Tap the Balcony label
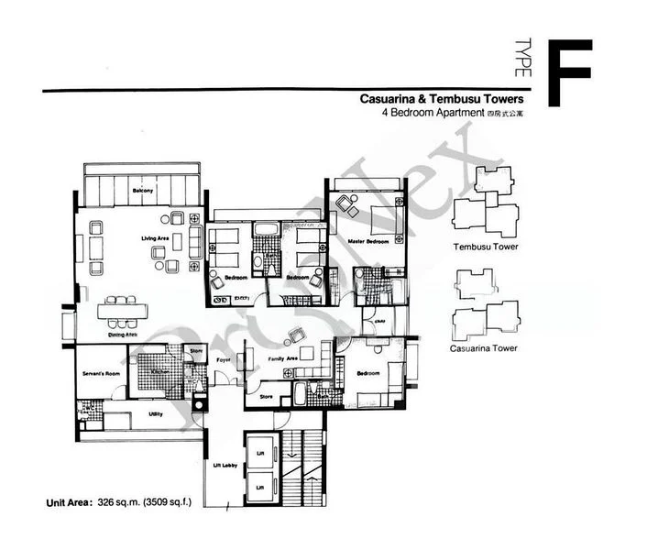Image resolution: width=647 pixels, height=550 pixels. (x=142, y=191)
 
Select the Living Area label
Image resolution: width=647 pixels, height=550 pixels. (x=155, y=238)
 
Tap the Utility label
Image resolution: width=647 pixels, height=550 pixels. (x=156, y=414)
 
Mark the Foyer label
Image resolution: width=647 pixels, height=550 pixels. (x=223, y=360)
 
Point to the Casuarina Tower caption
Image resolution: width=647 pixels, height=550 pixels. (x=484, y=348)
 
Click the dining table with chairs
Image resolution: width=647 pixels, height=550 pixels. (x=122, y=311)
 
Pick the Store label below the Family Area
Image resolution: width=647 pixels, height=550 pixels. (x=267, y=397)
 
